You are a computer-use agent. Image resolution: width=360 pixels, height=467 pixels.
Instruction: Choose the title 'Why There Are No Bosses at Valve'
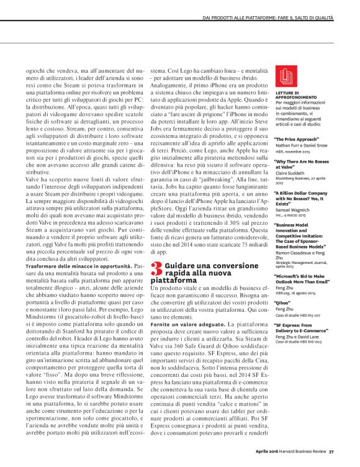(302, 163)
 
